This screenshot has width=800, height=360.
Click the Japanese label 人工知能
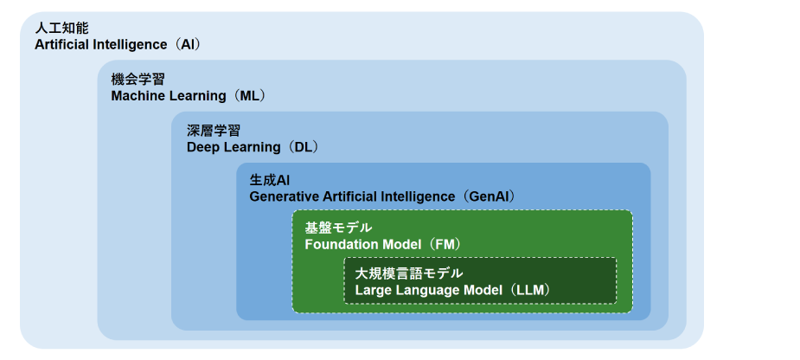(61, 28)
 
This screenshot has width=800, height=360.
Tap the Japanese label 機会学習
(138, 79)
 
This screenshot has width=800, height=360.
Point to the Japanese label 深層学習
(214, 130)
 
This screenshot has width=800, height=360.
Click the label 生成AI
(270, 180)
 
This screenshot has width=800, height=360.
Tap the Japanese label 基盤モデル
(339, 228)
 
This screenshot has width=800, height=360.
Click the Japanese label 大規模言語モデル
(409, 273)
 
